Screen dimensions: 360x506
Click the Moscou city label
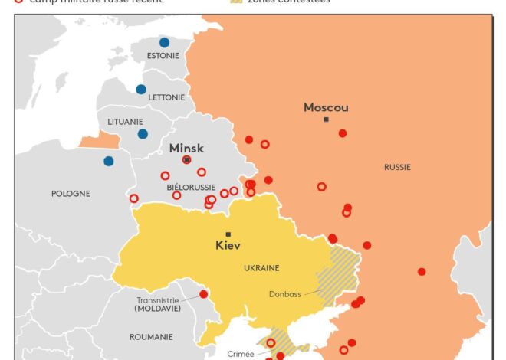coord(326,107)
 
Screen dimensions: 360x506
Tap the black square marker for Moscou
coord(327,119)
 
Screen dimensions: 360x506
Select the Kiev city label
coord(228,246)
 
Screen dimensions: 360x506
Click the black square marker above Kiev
coord(228,234)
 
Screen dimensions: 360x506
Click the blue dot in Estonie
coord(164,43)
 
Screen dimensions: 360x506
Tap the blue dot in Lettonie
coord(141,89)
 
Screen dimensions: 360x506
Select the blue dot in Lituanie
coord(143,134)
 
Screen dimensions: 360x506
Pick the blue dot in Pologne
coord(109,161)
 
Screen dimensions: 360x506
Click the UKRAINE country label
coord(261,268)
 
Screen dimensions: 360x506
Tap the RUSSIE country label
coord(397,167)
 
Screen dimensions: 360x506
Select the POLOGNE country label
coord(71,194)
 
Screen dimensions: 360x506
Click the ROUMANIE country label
coord(152,335)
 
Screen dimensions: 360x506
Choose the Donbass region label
coord(285,293)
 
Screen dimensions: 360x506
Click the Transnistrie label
coord(157,300)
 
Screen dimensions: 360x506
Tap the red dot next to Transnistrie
coord(203,294)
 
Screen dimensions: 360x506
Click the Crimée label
coord(241,354)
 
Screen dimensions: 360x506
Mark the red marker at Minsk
coord(186,159)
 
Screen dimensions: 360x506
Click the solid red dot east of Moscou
coord(343,133)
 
